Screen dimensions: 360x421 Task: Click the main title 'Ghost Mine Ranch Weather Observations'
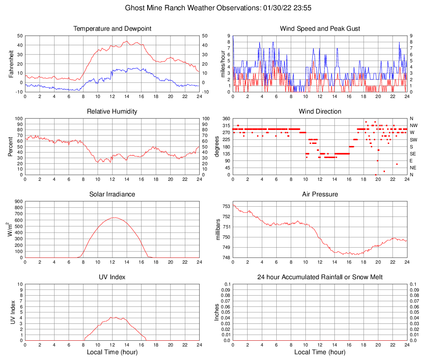[210, 8]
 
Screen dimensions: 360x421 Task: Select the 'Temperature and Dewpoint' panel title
[112, 29]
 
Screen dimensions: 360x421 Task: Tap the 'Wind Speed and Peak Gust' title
[320, 29]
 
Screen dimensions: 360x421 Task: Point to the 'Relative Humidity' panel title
[112, 112]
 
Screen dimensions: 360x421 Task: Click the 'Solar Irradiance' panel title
[112, 194]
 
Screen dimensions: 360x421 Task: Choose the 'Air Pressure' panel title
[320, 194]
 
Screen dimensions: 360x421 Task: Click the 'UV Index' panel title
[112, 277]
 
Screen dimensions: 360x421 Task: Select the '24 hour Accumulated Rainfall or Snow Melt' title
[320, 277]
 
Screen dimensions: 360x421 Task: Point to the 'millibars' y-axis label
[218, 230]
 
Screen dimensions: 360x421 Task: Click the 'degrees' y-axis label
[218, 146]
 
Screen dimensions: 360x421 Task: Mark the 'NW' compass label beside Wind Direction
[414, 125]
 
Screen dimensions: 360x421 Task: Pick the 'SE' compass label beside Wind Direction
[413, 154]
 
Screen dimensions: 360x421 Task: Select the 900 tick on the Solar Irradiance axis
[18, 202]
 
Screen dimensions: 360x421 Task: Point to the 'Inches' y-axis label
[218, 312]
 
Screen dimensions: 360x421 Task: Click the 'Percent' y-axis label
[11, 146]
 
